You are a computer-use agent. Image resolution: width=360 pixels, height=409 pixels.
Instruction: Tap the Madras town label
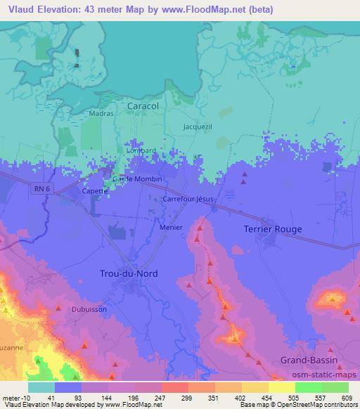(101, 113)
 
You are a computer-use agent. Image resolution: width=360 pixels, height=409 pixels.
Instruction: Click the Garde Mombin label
(138, 178)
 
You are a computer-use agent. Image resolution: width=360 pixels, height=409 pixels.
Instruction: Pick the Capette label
(95, 190)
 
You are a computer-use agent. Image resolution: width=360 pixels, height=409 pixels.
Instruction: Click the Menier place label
(171, 227)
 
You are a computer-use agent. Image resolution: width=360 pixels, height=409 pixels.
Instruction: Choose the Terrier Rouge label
(272, 229)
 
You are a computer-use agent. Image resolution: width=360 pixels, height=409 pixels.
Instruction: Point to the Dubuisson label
(89, 308)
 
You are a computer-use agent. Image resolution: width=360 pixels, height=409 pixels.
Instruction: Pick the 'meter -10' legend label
(15, 398)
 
